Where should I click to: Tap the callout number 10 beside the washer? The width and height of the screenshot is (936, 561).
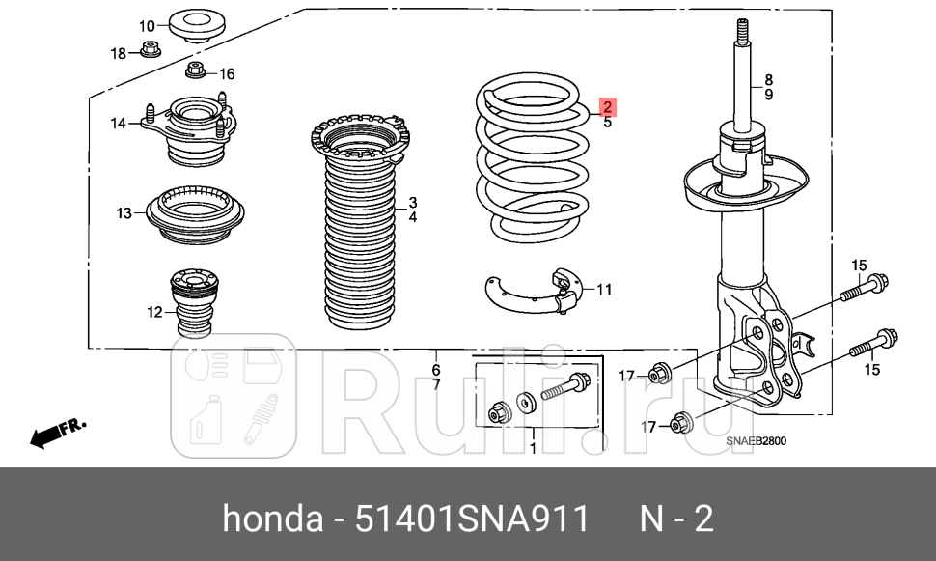[147, 26]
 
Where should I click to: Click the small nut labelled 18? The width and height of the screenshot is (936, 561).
[149, 50]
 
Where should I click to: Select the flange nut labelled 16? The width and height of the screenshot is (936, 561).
[195, 71]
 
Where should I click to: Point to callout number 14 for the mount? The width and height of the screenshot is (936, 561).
[118, 123]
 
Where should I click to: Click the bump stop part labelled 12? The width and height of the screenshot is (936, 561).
[190, 303]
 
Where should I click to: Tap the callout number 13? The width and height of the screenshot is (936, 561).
[124, 212]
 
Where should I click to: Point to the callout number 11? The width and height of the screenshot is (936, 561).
[604, 289]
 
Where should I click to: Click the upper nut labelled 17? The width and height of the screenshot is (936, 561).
[659, 373]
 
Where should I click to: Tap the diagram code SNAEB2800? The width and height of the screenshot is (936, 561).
[757, 441]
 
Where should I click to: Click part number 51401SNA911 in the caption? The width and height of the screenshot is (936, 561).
[473, 520]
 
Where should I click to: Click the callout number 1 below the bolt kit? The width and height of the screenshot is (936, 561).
[532, 448]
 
